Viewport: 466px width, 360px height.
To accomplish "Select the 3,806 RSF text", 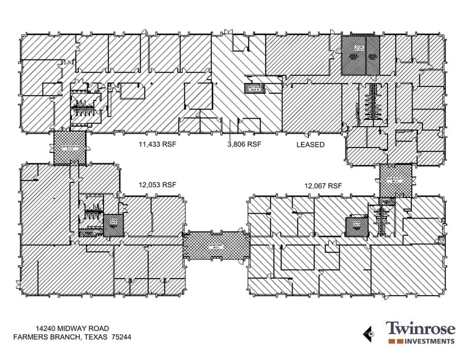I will coord(244,145).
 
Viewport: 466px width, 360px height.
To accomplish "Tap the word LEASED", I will coord(310,145).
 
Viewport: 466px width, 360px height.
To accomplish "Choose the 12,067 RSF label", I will coord(323,186).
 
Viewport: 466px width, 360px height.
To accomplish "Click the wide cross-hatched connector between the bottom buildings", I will coord(217,247).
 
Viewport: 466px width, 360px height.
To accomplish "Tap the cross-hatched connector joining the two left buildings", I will coord(69,148).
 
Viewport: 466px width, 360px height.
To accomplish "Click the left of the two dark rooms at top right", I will coord(353,56).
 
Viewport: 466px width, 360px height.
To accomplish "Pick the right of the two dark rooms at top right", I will coord(372,56).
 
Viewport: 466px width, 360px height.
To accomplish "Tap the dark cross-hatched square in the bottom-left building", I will coord(113,226).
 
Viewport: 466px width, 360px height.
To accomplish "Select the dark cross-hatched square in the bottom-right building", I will coord(356,227).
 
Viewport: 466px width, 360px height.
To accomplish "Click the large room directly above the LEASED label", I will coord(312,108).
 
